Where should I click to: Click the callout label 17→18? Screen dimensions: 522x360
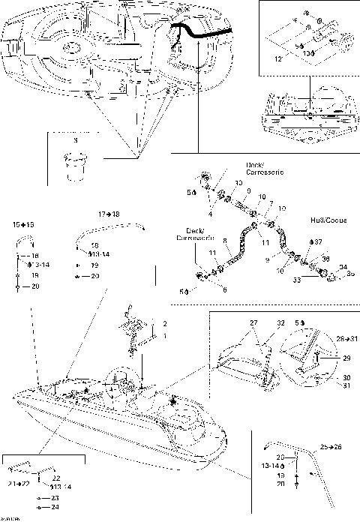109,214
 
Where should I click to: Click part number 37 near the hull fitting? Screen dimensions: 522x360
319,242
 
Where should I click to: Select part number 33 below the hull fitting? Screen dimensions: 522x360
296,279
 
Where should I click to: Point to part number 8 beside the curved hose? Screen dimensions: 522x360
224,241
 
